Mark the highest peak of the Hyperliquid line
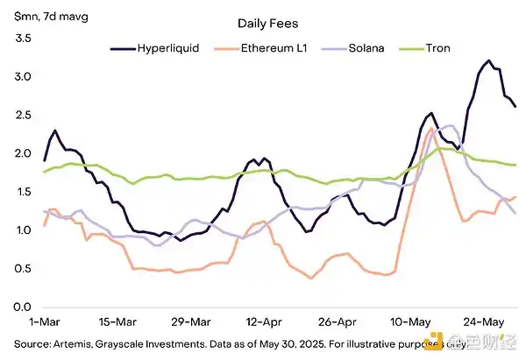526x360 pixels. point(487,60)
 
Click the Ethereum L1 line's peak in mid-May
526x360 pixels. point(431,130)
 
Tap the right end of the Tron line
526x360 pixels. point(515,165)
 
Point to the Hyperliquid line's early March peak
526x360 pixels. point(55,131)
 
